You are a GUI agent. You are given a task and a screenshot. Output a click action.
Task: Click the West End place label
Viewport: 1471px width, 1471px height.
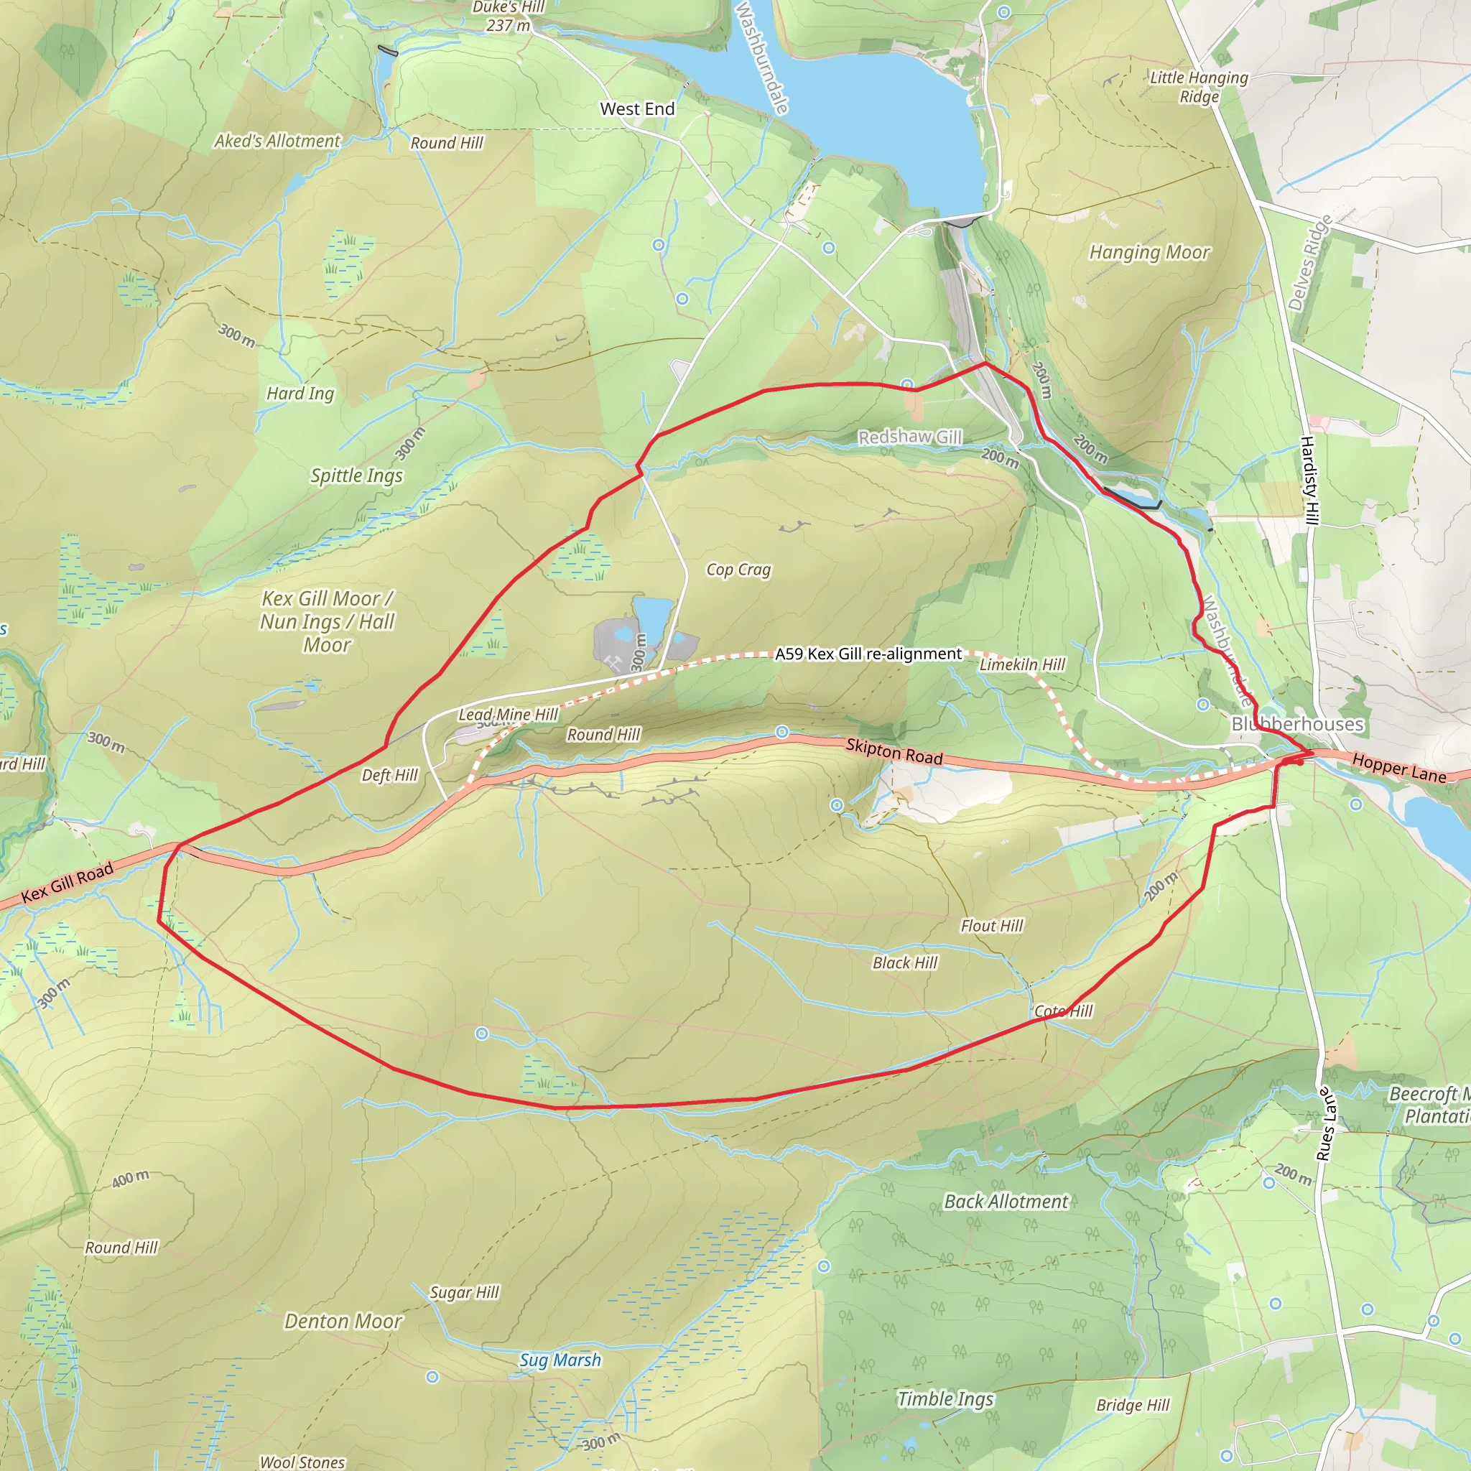[637, 109]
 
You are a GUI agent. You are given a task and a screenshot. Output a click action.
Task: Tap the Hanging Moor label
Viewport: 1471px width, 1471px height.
[1149, 252]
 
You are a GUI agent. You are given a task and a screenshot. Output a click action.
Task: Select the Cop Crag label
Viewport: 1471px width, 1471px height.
[738, 570]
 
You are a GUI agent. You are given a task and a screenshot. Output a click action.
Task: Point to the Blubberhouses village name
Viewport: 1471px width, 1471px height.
[1297, 724]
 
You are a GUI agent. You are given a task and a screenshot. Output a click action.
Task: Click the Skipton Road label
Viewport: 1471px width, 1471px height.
[895, 751]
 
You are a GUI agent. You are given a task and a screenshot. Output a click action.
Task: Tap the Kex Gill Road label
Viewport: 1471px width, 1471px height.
[67, 883]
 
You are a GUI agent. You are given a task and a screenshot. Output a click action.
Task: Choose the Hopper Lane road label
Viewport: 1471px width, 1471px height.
[1398, 768]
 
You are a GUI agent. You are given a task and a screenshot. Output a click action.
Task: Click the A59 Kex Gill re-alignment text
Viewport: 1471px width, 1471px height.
[868, 654]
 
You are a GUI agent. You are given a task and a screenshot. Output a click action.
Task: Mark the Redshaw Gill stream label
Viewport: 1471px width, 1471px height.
[910, 437]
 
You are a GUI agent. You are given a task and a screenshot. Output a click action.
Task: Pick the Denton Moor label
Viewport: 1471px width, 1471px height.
[343, 1321]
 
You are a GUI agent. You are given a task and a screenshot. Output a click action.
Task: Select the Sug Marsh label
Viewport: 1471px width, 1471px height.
[560, 1360]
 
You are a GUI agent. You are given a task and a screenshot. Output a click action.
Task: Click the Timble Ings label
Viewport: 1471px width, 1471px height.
[945, 1398]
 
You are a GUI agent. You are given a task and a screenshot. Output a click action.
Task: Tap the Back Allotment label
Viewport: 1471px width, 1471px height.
[1006, 1202]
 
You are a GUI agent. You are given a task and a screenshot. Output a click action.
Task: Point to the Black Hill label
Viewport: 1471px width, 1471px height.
[904, 963]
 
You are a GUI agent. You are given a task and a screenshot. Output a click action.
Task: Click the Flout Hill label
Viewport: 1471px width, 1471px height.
[991, 926]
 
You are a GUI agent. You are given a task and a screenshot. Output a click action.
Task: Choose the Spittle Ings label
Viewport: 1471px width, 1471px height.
[356, 476]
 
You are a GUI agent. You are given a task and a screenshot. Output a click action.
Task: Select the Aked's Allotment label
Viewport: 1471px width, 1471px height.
[277, 141]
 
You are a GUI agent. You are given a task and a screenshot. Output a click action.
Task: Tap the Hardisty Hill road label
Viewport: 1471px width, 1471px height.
[1309, 481]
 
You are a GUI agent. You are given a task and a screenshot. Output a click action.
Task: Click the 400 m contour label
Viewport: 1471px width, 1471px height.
[130, 1179]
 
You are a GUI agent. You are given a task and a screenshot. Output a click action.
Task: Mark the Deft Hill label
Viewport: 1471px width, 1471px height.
[390, 775]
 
